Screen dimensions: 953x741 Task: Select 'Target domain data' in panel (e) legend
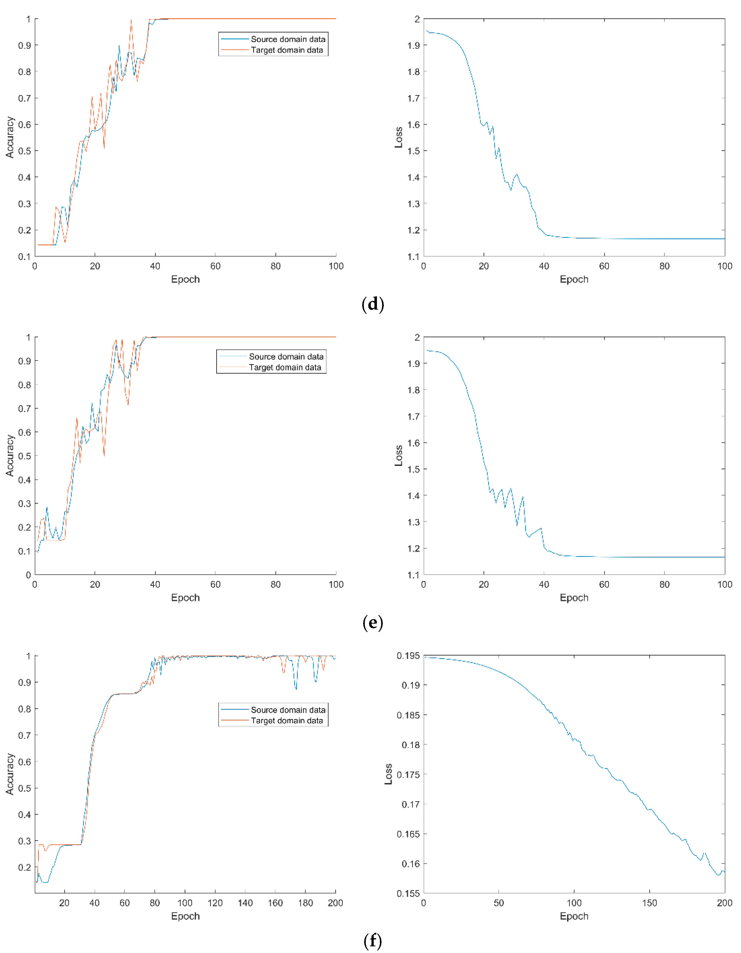click(x=285, y=367)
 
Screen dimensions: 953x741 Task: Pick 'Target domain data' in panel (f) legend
click(x=287, y=720)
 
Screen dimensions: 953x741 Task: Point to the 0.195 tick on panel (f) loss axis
click(x=408, y=656)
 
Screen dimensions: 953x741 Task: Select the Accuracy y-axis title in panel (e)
click(x=10, y=455)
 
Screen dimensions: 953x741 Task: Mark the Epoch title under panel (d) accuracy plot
click(x=185, y=279)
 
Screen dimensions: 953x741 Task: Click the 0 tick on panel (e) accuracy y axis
click(x=28, y=575)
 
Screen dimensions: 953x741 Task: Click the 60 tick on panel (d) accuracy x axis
click(x=215, y=266)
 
